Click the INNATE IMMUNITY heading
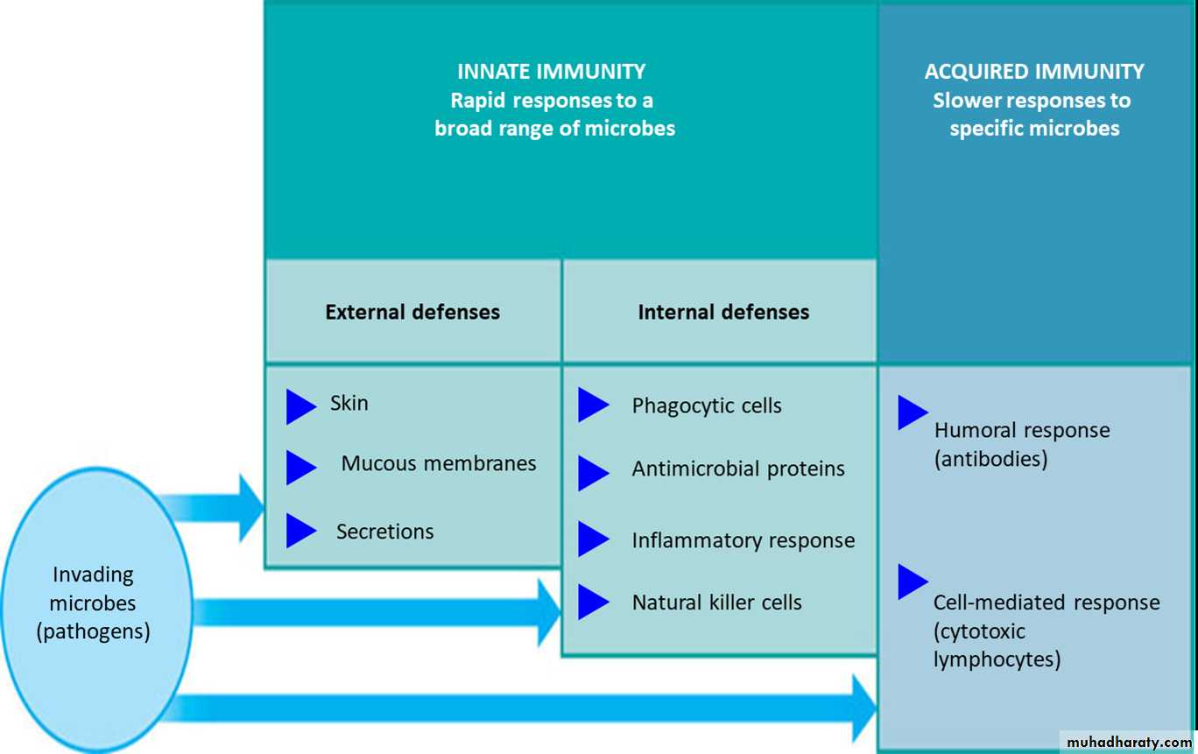point(551,72)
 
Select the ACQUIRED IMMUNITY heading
point(1033,72)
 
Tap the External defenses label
point(412,312)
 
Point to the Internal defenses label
point(723,312)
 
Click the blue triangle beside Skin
point(299,406)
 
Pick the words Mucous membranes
point(439,463)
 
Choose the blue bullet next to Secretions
point(299,531)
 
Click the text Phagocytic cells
point(707,406)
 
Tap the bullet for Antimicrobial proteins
point(592,473)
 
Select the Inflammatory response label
point(743,540)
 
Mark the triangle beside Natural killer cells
point(592,602)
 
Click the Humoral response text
point(1022,431)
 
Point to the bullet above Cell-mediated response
point(912,581)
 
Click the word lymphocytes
point(997,659)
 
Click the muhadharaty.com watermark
point(1129,742)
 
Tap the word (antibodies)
point(990,459)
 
